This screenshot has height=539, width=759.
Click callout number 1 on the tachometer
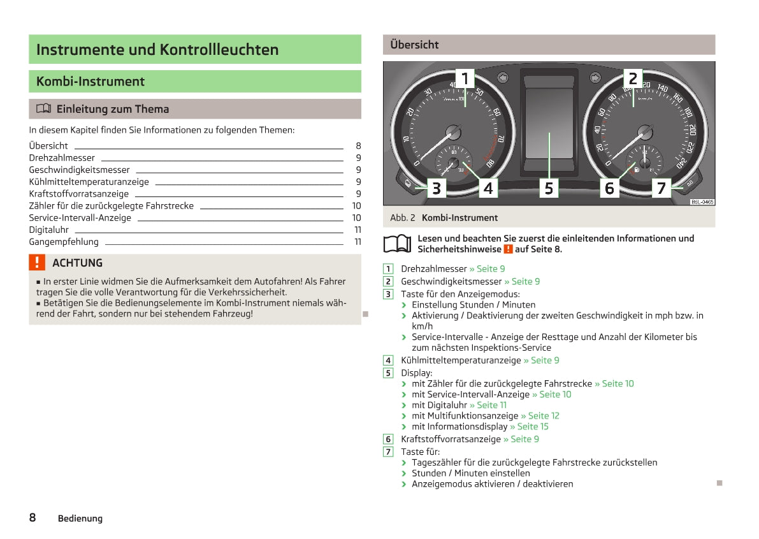pos(465,78)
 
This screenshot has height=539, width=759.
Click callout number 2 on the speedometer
pos(633,78)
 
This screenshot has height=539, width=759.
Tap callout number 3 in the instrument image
pos(436,188)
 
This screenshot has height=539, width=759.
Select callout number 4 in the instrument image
pos(488,188)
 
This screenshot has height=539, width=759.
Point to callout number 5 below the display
pos(549,188)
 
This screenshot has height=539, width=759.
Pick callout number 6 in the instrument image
pos(609,188)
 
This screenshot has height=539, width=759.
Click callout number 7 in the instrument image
pos(661,188)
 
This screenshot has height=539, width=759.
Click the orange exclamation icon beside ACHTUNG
pos(38,262)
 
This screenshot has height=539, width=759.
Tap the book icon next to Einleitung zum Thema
pos(43,109)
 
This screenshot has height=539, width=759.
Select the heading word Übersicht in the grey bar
pos(414,45)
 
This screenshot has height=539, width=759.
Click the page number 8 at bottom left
pos(33,517)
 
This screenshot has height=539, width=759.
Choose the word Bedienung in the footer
pos(80,519)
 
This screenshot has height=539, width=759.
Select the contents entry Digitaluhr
pos(48,230)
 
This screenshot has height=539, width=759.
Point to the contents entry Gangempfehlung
pos(64,242)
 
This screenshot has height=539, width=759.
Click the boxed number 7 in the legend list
pos(388,452)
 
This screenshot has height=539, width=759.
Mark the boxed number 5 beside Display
pos(388,373)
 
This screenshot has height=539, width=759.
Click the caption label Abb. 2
pos(402,218)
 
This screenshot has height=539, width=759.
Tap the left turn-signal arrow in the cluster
pos(503,78)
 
